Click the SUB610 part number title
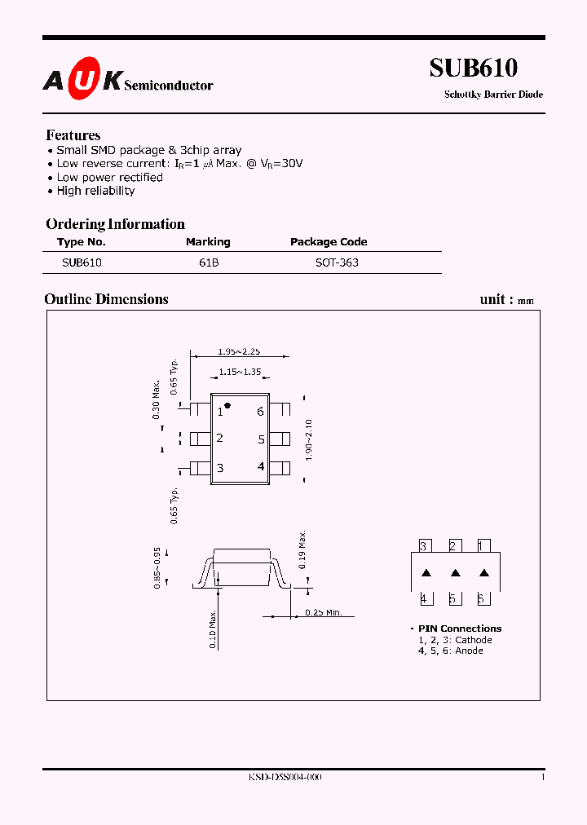(x=473, y=68)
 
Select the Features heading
(x=73, y=135)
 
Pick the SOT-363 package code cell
(x=337, y=262)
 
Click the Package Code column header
(x=329, y=242)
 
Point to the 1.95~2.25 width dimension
(x=239, y=351)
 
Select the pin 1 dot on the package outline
(x=227, y=405)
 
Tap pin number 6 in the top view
(x=260, y=412)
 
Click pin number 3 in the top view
(x=220, y=468)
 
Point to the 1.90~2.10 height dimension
(x=308, y=439)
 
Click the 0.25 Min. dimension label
(x=324, y=612)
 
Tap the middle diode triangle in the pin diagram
(x=456, y=573)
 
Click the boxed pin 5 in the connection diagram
(x=452, y=598)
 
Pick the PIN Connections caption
(x=460, y=629)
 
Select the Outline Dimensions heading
(x=106, y=299)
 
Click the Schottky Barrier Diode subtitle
(x=493, y=95)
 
